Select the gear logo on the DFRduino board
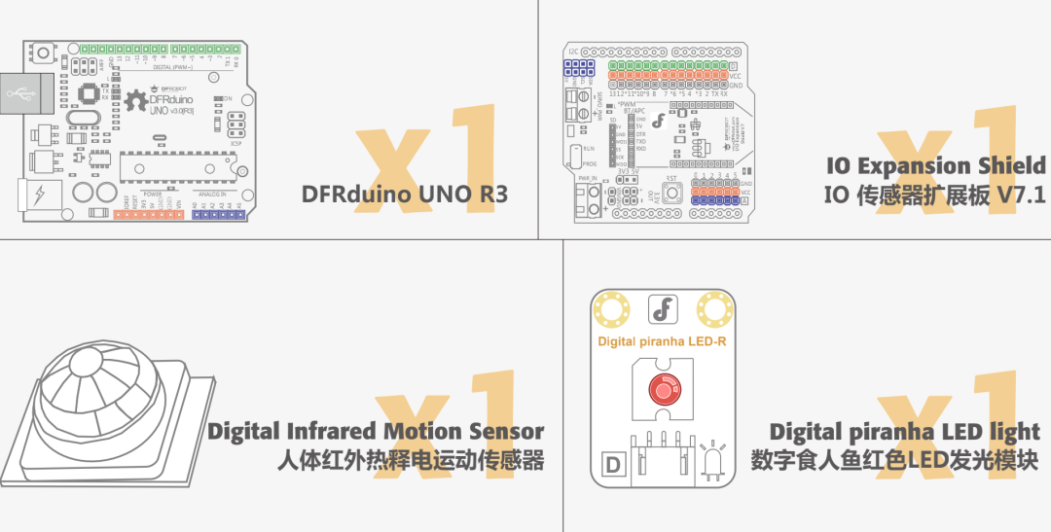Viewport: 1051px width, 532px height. tap(134, 97)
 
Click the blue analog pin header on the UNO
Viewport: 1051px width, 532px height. tap(217, 214)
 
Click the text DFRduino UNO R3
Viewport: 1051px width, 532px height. tap(405, 194)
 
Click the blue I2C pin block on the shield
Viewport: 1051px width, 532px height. tap(579, 68)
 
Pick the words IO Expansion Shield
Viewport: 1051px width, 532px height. tap(935, 165)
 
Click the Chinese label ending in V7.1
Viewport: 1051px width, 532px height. tap(935, 195)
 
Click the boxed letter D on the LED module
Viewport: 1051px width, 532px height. tap(612, 465)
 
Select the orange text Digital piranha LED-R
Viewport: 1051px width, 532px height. tap(663, 341)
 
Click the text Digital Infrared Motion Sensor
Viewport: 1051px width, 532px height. tap(376, 431)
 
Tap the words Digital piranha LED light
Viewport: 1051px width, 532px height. tap(904, 431)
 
